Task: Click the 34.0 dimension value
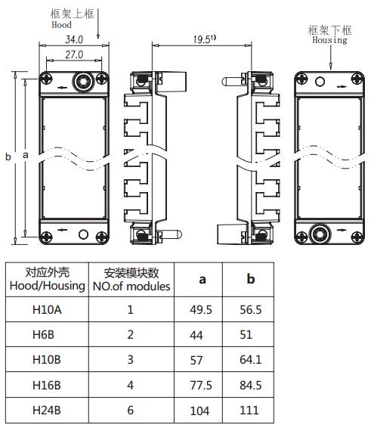click(x=74, y=39)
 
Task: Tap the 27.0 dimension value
click(x=74, y=54)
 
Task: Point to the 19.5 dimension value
click(x=202, y=39)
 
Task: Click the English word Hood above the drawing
click(x=61, y=25)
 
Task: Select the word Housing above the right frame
click(x=329, y=40)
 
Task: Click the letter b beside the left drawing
click(x=8, y=157)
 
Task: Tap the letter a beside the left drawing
click(x=25, y=155)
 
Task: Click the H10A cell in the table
click(x=47, y=310)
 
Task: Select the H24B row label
click(x=46, y=410)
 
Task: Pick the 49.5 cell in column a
click(x=201, y=310)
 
